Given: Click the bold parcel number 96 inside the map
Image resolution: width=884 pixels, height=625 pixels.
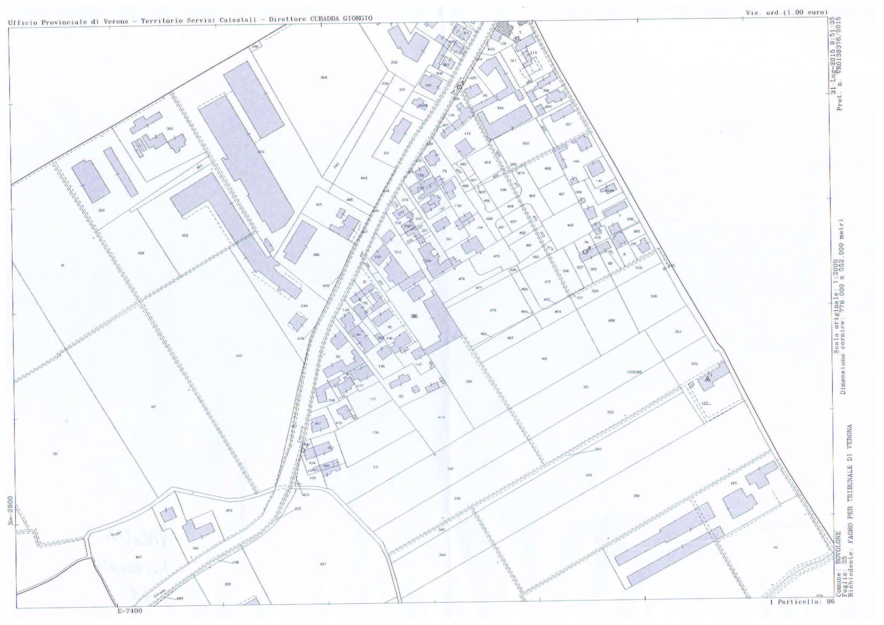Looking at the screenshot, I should click(x=414, y=316).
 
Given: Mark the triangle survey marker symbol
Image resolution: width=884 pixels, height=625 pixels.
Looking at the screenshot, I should click(x=707, y=379).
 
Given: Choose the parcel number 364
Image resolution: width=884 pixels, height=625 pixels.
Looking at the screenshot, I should click(x=324, y=77).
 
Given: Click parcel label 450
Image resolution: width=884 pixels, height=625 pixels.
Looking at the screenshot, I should click(x=239, y=356).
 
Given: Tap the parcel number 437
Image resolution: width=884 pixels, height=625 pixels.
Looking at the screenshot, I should click(x=323, y=564).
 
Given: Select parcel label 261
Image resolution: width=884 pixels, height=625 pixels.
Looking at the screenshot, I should click(x=636, y=496).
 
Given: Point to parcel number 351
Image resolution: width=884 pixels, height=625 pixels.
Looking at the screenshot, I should click(x=586, y=387).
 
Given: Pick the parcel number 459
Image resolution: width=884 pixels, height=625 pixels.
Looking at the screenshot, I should click(x=185, y=235).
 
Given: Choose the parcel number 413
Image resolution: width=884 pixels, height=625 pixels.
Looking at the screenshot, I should click(x=441, y=417).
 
